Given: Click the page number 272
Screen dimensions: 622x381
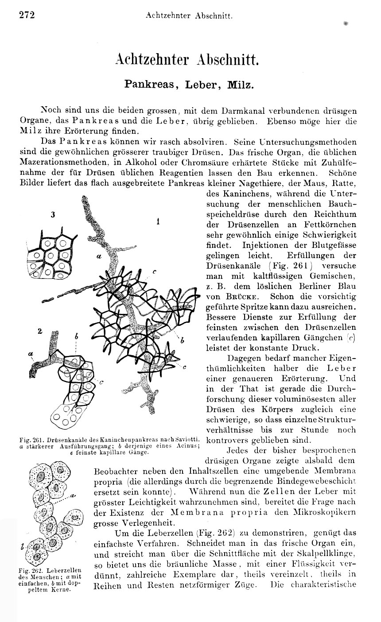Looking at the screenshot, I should [27, 15].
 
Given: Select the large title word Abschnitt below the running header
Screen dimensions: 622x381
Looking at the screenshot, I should [226, 59].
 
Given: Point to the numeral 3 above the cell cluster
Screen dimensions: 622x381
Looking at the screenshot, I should [53, 215].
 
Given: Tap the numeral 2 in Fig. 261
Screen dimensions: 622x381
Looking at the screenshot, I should [39, 331].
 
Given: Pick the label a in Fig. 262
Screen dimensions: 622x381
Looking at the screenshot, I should [72, 494].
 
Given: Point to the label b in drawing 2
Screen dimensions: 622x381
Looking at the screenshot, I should [76, 337].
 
